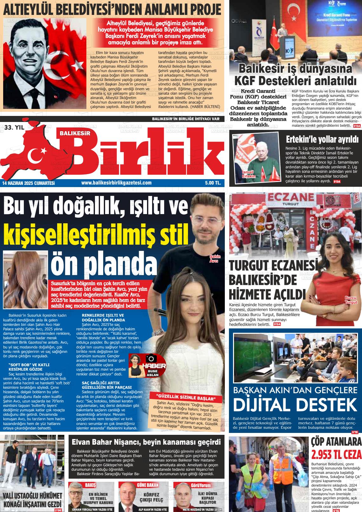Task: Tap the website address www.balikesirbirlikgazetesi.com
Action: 116,183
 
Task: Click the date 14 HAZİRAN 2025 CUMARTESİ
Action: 29,183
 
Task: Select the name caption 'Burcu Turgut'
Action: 351,300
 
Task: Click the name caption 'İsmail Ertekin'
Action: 249,174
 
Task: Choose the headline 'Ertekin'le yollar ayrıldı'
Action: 322,139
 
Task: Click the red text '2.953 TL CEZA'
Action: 336,455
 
